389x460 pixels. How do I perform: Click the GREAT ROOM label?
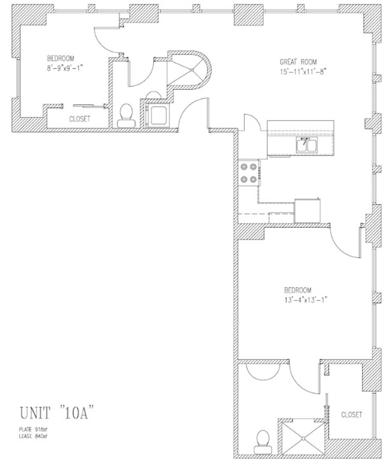click(298, 61)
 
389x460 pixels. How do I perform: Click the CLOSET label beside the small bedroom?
click(80, 119)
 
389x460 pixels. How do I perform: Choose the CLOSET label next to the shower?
click(352, 414)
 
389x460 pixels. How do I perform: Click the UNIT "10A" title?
click(56, 413)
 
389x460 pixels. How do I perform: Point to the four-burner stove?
click(249, 173)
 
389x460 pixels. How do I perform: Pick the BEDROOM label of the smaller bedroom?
click(61, 58)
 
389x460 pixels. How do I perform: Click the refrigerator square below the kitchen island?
click(307, 210)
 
